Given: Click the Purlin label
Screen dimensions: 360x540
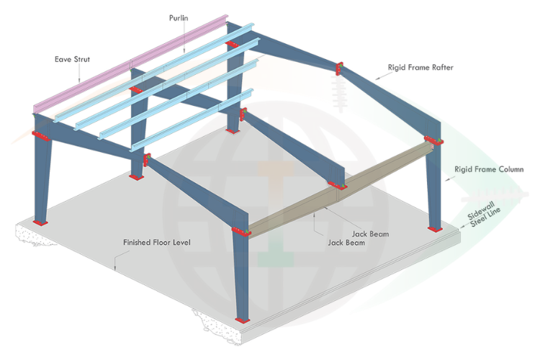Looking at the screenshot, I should [x=180, y=17].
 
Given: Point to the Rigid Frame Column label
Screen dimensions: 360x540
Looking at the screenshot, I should [x=489, y=171].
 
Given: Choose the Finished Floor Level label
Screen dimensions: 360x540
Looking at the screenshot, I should [x=156, y=243].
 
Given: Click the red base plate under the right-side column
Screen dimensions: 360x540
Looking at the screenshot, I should [x=433, y=229].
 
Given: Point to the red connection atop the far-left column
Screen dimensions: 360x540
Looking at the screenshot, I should [x=41, y=135].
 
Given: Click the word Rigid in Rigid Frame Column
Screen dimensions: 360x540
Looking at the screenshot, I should [x=464, y=171].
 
